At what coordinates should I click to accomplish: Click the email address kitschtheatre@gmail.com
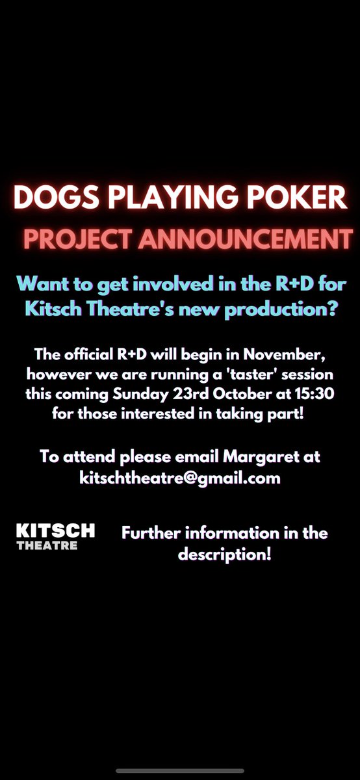click(179, 478)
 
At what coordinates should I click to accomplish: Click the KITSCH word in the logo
click(56, 530)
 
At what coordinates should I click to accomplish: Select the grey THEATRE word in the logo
click(47, 545)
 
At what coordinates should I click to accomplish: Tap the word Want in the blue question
click(43, 283)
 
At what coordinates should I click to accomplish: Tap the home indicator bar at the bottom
click(180, 770)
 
